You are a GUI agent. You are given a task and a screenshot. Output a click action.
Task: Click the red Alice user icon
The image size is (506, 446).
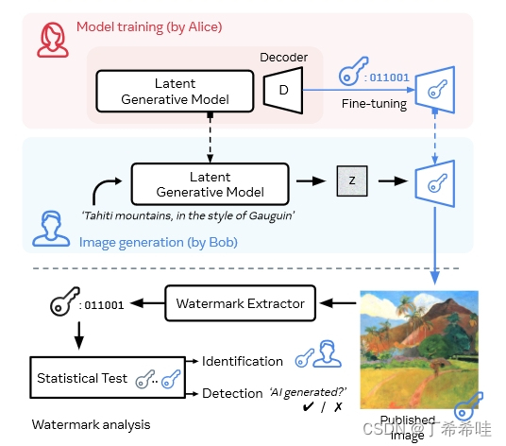(x=53, y=40)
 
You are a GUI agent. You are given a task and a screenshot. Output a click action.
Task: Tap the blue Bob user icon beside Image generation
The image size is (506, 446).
(x=51, y=229)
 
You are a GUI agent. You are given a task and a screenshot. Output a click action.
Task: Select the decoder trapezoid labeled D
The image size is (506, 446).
(x=283, y=90)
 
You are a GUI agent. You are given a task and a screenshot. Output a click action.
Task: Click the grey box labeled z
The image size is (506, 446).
(x=352, y=180)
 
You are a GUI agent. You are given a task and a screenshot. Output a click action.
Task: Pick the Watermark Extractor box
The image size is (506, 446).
(x=240, y=303)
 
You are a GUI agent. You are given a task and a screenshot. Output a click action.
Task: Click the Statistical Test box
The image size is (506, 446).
(x=108, y=378)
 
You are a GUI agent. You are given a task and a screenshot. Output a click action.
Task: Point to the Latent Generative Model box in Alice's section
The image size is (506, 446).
(x=175, y=91)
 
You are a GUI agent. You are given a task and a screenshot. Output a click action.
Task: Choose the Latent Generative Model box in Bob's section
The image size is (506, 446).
(x=211, y=184)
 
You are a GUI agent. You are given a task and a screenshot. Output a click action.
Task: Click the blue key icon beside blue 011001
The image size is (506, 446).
(x=353, y=72)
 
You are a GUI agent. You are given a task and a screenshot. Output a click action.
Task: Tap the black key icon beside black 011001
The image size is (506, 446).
(x=64, y=301)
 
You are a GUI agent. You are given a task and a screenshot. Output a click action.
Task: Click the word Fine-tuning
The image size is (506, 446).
(x=374, y=104)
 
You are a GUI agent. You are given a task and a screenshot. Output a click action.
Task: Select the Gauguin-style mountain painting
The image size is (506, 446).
(x=419, y=350)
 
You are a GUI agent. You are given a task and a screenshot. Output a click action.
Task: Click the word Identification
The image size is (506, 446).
(x=243, y=361)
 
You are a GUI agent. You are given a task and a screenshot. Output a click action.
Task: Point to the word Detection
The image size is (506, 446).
(x=232, y=393)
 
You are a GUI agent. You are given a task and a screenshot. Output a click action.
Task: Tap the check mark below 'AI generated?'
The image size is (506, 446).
(x=308, y=406)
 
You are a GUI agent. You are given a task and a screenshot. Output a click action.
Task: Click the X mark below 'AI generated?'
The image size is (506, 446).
(x=338, y=407)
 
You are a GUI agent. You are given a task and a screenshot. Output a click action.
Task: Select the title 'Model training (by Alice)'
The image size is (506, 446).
(x=149, y=27)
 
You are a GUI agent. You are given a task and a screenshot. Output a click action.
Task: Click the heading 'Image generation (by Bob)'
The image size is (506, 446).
(x=159, y=242)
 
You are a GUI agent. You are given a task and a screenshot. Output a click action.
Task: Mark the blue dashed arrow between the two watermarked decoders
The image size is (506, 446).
(x=434, y=136)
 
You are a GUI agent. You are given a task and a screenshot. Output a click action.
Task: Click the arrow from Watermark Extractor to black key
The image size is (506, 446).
(x=147, y=303)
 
